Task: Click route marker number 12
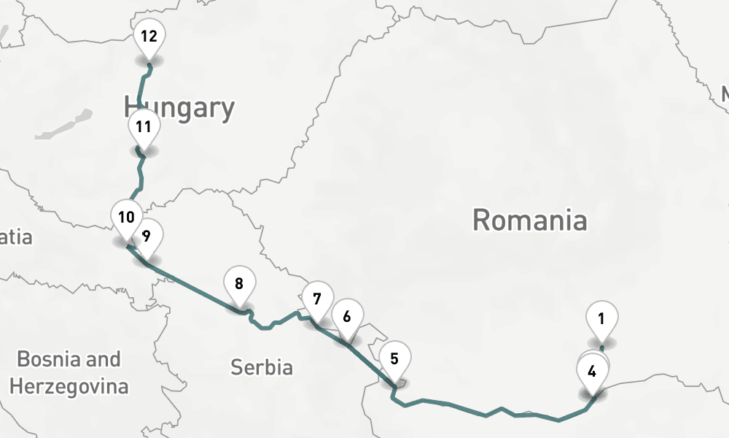click(149, 36)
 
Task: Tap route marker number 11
click(144, 126)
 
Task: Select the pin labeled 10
click(126, 217)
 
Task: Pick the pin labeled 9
click(147, 235)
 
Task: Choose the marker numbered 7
click(317, 299)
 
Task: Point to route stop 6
click(346, 316)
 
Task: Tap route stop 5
click(394, 358)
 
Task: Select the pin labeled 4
click(592, 371)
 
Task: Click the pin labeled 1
click(601, 318)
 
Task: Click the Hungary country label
click(179, 108)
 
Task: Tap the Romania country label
click(529, 219)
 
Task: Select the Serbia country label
click(262, 366)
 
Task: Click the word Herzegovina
click(69, 385)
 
